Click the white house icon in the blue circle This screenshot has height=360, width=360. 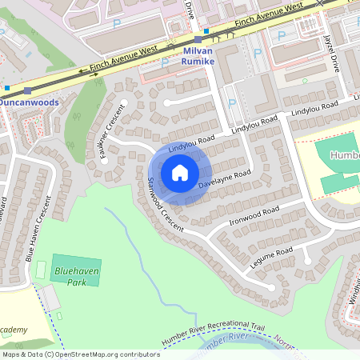click(x=179, y=173)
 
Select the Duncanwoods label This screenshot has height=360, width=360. click(x=31, y=103)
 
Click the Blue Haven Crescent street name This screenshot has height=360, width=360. click(x=38, y=231)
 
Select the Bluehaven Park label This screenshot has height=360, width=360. click(x=70, y=277)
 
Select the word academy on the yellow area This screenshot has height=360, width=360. click(x=14, y=330)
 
